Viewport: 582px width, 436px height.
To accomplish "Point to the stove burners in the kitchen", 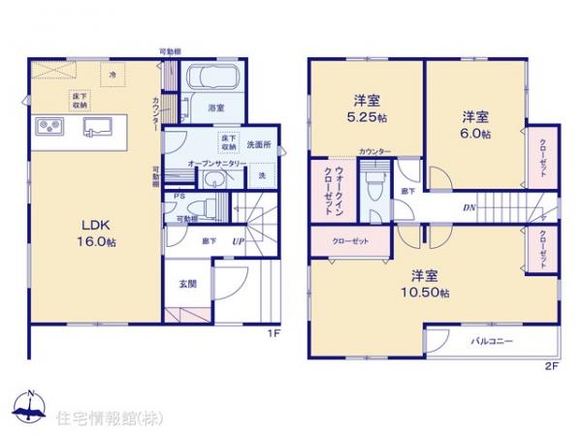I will tap(49, 127).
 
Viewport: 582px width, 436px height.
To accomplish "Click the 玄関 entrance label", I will tap(188, 285).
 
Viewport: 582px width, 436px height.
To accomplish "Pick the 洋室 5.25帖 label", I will tap(367, 108).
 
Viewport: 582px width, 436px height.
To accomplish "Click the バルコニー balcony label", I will tap(492, 342).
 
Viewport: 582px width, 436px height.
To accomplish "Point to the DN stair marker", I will tap(469, 207).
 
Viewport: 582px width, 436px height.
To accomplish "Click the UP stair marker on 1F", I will tap(237, 239).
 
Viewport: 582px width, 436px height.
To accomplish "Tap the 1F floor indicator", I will tap(275, 334).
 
